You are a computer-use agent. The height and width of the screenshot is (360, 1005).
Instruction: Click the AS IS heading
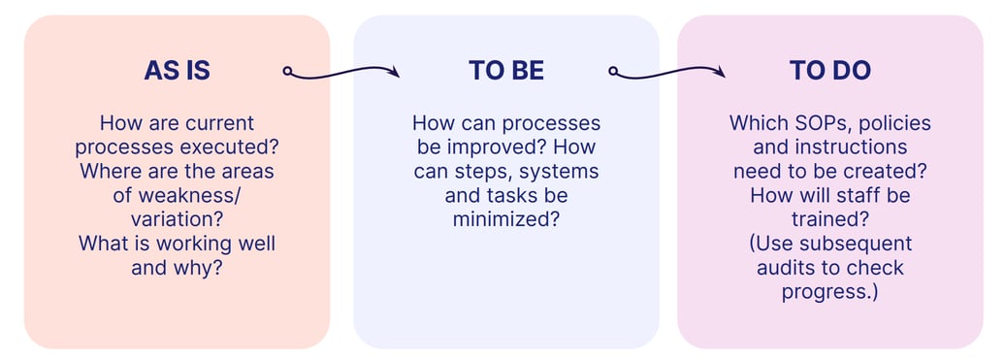coord(177,71)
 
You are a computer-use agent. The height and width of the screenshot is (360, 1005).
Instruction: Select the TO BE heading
coord(505,71)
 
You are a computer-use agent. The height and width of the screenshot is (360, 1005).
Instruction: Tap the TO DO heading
coord(829,71)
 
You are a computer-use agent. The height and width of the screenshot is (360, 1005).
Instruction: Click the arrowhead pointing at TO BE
coord(393,71)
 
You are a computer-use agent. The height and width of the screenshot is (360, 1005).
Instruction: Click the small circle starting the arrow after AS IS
coord(287,70)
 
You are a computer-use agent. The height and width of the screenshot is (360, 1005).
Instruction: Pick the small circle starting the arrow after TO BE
coord(613,70)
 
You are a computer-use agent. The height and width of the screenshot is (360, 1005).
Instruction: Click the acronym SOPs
coord(811,124)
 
